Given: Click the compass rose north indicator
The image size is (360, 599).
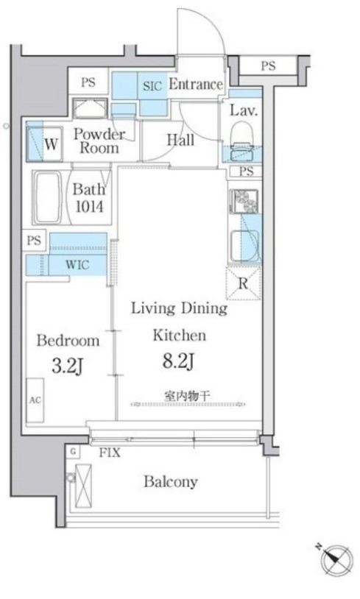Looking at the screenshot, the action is pos(336,560).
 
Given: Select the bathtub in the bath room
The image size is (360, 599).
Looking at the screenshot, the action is pos(47,197).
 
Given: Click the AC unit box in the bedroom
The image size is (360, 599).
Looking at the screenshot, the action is pos(35,400).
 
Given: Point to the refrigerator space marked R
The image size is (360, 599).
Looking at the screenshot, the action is pos(243,283).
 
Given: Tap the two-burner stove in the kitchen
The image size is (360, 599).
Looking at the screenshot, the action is pos(244,201).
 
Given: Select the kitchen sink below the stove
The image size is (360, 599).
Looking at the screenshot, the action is pos(244,245).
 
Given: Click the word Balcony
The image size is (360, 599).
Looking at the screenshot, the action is pos(171,481).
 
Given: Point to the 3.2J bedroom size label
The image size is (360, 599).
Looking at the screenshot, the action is pos(67,366).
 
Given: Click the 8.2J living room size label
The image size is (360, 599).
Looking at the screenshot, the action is pos(179,361).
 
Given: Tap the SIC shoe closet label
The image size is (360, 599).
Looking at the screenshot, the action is pos(152,86).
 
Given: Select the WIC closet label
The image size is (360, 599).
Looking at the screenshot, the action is pos(77,264).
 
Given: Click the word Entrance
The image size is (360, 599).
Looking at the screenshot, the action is pos(196,84).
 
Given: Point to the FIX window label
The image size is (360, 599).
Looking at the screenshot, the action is pos(110,453).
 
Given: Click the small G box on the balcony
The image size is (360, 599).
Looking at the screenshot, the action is pos(73,452).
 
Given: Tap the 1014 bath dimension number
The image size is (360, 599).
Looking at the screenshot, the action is pos(89,206).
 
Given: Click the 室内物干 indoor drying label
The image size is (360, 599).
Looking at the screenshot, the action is pos(187,396).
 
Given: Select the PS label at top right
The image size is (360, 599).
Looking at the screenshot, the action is pos(268,65).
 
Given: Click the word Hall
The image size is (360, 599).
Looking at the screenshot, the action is pos(181,140).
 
